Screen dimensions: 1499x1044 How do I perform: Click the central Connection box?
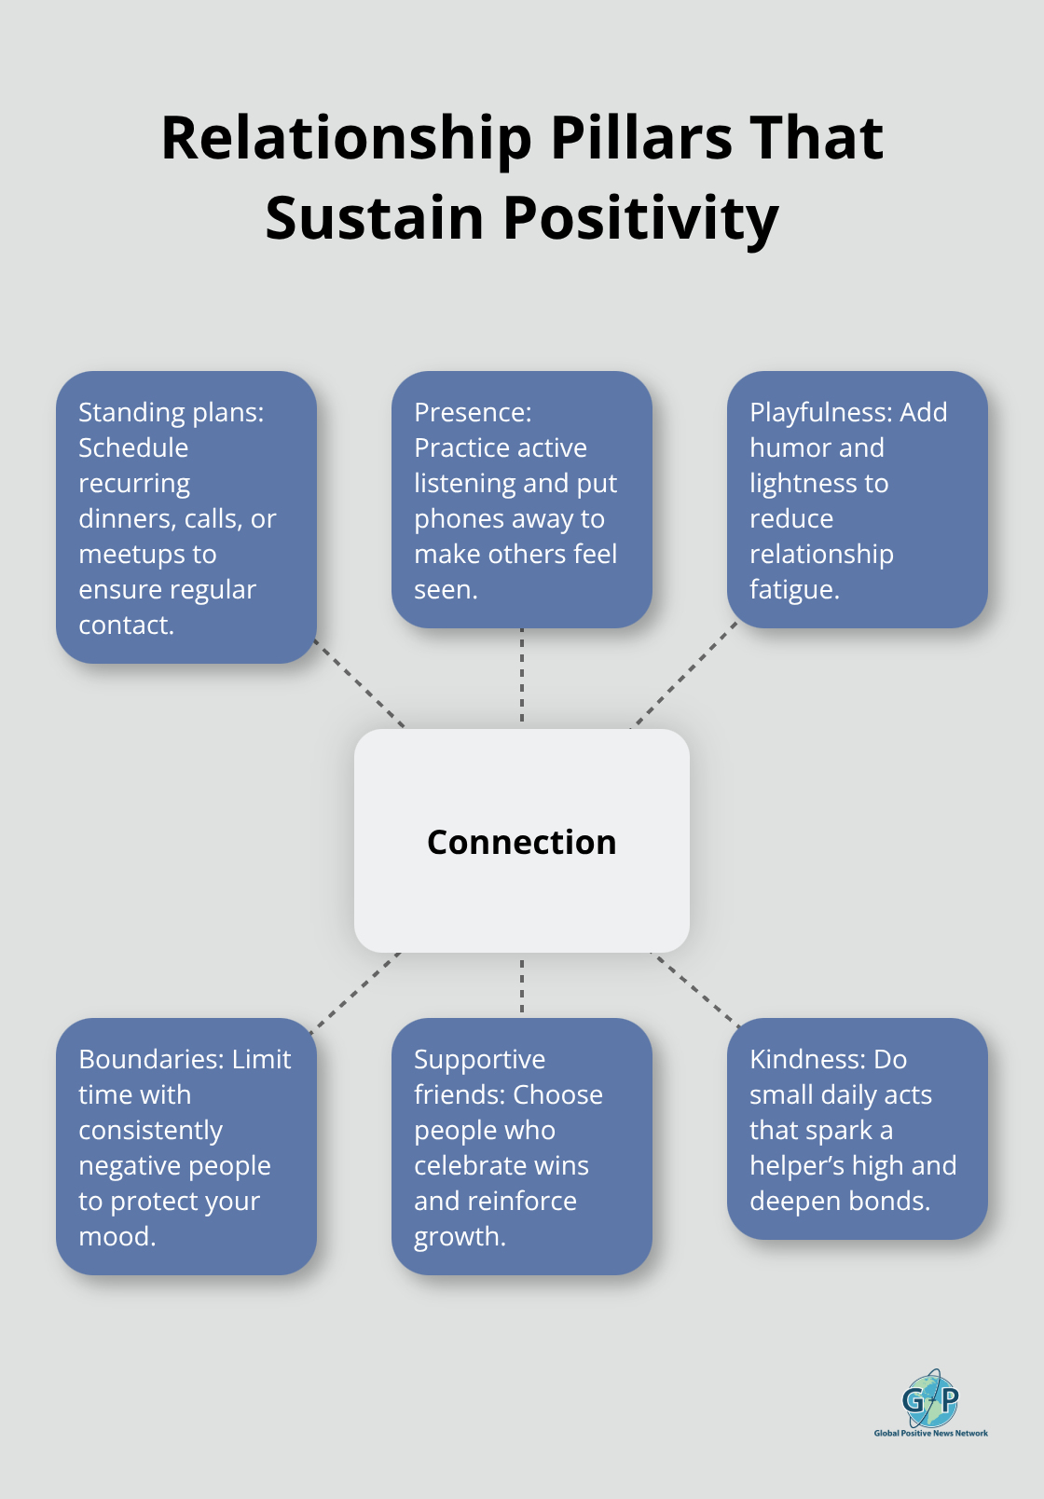[x=521, y=840]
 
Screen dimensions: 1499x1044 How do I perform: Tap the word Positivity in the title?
[x=640, y=218]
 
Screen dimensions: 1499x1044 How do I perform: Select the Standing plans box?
[x=185, y=517]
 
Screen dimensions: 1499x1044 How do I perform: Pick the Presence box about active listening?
[x=521, y=500]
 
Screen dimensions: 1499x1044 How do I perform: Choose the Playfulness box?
[x=857, y=500]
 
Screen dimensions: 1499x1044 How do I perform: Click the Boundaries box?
[x=185, y=1146]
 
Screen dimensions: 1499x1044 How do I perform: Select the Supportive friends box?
[x=521, y=1146]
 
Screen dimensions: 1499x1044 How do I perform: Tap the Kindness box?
[x=857, y=1128]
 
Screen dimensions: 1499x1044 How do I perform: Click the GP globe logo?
[x=930, y=1398]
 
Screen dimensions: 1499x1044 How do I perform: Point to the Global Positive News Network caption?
[x=930, y=1433]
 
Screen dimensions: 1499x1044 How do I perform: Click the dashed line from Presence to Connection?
[x=522, y=678]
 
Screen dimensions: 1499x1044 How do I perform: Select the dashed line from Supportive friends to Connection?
[x=522, y=985]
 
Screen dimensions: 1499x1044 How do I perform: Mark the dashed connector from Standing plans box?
[x=360, y=683]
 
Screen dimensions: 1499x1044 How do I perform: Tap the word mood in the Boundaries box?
[x=117, y=1236]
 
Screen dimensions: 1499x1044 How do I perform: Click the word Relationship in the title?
[x=346, y=138]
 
